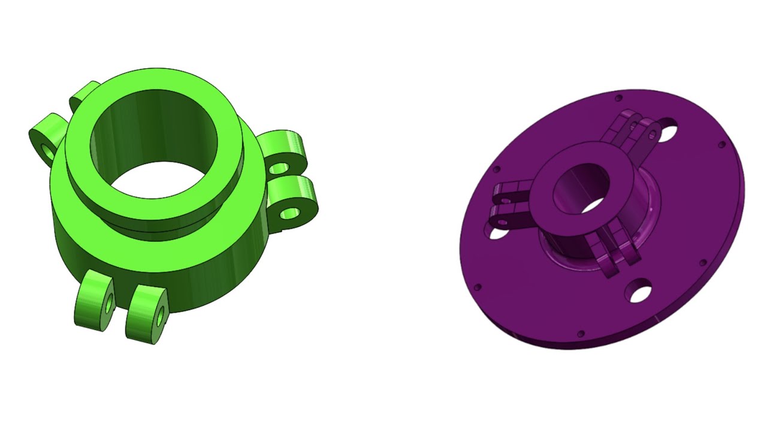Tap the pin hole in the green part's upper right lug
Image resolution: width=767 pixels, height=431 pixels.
(277, 169)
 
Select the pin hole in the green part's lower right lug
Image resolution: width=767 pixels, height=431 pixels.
(291, 213)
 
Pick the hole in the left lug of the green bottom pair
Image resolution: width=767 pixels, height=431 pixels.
(109, 305)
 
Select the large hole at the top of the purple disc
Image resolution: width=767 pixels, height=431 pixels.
(666, 130)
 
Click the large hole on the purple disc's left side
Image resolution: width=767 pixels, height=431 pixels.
(497, 232)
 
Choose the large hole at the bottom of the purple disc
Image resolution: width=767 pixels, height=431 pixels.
(639, 293)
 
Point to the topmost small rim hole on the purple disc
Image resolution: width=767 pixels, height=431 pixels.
(619, 98)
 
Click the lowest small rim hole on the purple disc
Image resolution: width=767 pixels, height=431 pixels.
(580, 333)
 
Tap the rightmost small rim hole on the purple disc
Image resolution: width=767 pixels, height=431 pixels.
(721, 144)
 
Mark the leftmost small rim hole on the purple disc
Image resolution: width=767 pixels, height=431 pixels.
(478, 287)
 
